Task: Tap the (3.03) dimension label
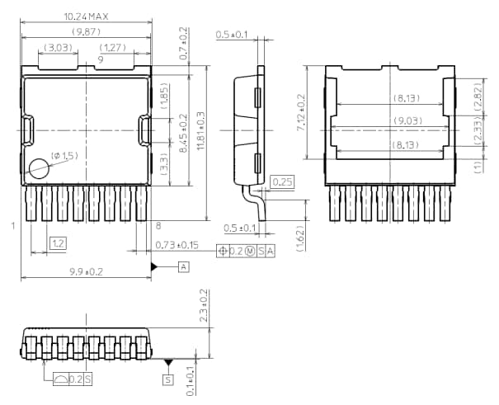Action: point(58,48)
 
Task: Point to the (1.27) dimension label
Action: point(112,48)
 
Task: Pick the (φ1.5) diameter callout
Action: point(64,155)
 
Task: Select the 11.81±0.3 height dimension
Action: point(200,126)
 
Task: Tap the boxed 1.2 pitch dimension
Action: point(58,243)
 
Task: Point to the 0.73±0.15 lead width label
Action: point(177,245)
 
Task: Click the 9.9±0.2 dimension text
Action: point(84,271)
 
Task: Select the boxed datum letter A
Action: point(184,266)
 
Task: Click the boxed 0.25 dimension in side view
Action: point(282,181)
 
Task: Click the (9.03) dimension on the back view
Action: point(393,120)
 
